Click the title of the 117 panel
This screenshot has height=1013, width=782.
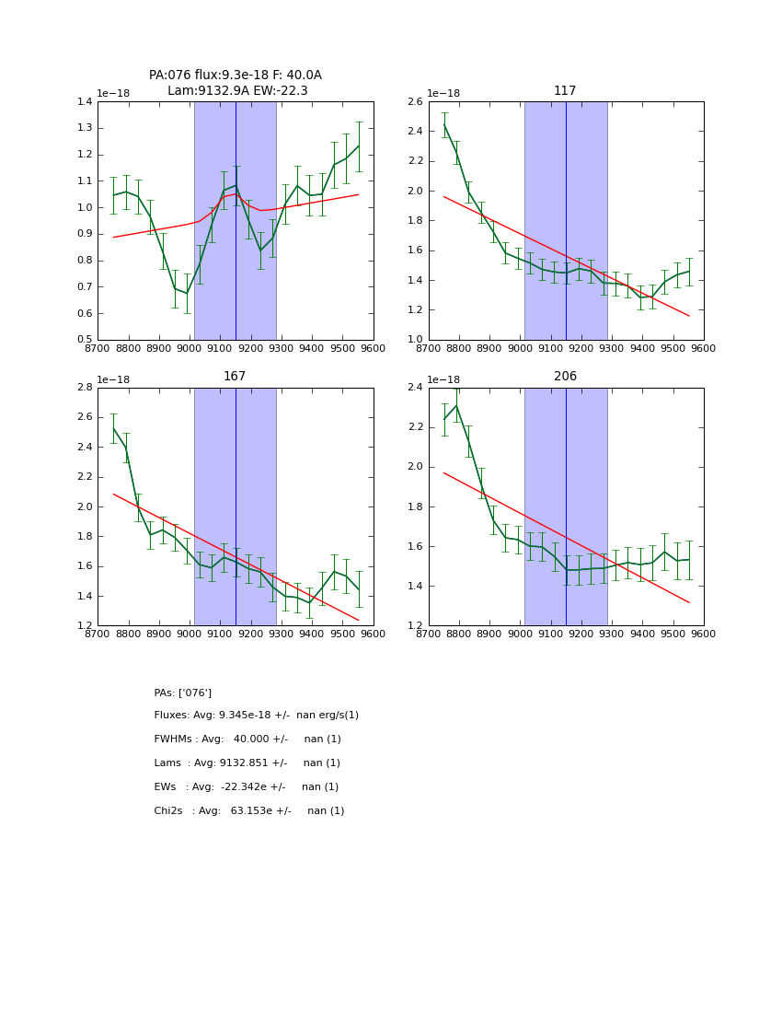565,91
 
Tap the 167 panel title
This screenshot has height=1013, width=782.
235,377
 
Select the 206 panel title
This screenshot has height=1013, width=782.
565,377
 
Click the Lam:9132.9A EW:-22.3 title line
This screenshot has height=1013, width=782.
237,91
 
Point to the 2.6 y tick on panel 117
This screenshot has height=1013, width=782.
413,101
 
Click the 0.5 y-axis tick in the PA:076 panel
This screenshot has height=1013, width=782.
83,340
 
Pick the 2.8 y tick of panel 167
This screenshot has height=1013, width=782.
83,388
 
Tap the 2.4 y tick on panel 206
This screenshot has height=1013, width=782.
413,388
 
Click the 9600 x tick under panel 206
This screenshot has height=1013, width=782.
704,634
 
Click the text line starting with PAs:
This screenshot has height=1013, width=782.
183,693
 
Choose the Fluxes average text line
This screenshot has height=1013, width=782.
257,716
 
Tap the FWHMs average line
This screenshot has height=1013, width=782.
247,739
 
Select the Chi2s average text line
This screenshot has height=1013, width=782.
249,811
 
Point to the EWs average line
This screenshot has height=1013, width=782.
247,787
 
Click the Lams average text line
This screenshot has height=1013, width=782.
247,763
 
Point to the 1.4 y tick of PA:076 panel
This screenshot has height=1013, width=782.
83,101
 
